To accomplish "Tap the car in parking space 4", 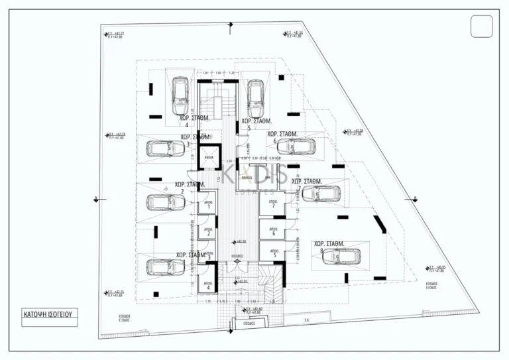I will pyautogui.click(x=180, y=95).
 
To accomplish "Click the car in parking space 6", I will pyautogui.click(x=295, y=147).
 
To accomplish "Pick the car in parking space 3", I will pyautogui.click(x=164, y=148).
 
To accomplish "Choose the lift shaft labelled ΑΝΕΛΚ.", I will pyautogui.click(x=209, y=158).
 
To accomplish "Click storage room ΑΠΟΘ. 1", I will pyautogui.click(x=207, y=206).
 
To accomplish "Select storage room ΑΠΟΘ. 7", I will pyautogui.click(x=272, y=206).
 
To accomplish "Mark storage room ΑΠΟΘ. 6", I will pyautogui.click(x=272, y=232).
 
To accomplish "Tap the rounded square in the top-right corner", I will pyautogui.click(x=481, y=27).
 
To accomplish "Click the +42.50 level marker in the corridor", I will pyautogui.click(x=240, y=241).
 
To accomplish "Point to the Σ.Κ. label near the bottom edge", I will pyautogui.click(x=307, y=319).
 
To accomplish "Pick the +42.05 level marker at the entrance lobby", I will pyautogui.click(x=243, y=282).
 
